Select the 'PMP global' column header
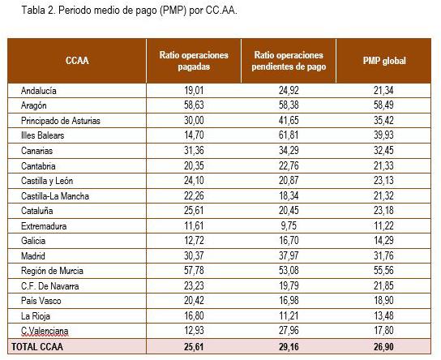pyautogui.click(x=384, y=61)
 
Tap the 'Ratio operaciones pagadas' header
pyautogui.click(x=194, y=61)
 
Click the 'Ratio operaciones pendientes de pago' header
pyautogui.click(x=289, y=61)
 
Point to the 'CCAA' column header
pyautogui.click(x=77, y=61)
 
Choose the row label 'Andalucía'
pyautogui.click(x=39, y=91)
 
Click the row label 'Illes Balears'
pyautogui.click(x=42, y=135)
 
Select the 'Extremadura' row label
pyautogui.click(x=44, y=226)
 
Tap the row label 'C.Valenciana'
pyautogui.click(x=45, y=331)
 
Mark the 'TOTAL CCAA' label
pyautogui.click(x=37, y=347)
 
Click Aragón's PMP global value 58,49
pyautogui.click(x=383, y=105)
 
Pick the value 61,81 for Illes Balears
pyautogui.click(x=289, y=135)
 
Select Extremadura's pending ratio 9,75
pyautogui.click(x=289, y=226)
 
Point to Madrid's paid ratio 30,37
pyautogui.click(x=194, y=256)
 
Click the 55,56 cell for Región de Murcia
pyautogui.click(x=383, y=271)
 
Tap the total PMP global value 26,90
pyautogui.click(x=383, y=347)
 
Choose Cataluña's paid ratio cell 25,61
pyautogui.click(x=194, y=211)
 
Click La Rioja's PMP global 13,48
pyautogui.click(x=383, y=316)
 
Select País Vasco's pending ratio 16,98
pyautogui.click(x=289, y=301)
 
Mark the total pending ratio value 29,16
pyautogui.click(x=289, y=347)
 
